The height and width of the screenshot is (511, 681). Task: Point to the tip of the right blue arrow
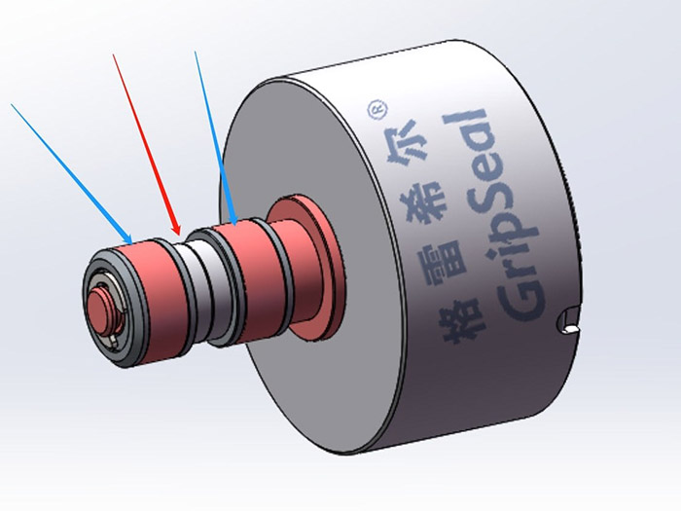coord(235,225)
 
